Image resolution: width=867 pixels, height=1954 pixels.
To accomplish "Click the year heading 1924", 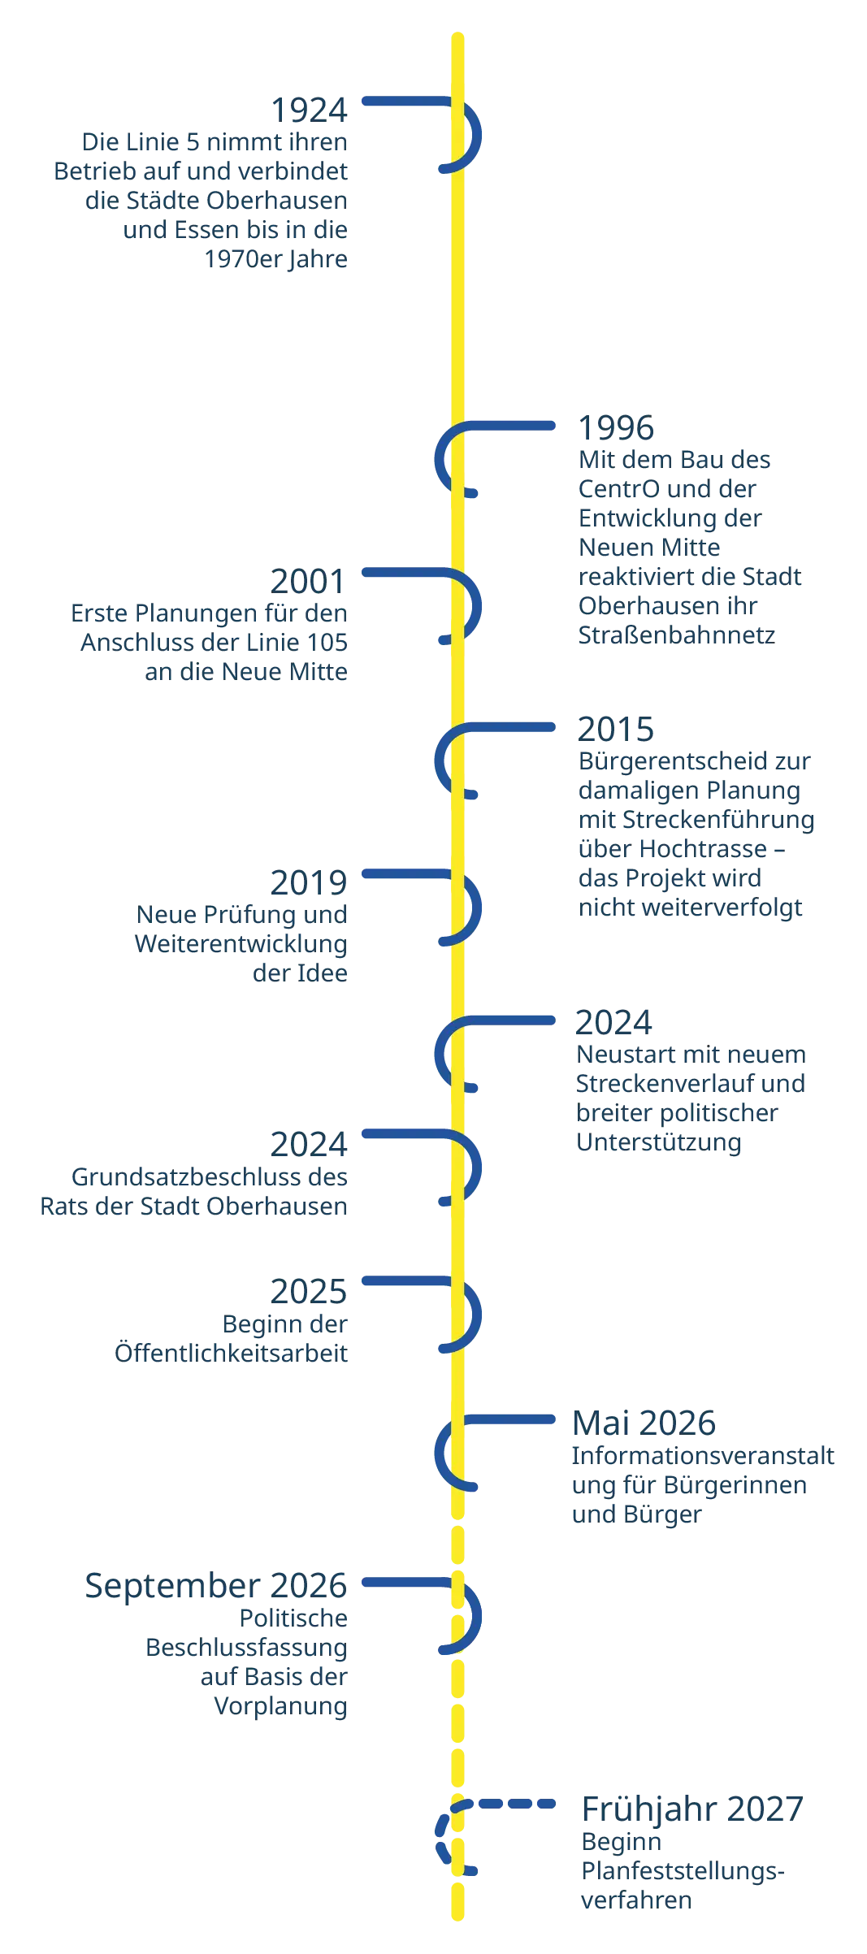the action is [309, 110].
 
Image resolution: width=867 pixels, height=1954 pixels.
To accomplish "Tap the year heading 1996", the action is [616, 427].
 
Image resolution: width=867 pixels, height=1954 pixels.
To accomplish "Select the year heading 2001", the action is [309, 581].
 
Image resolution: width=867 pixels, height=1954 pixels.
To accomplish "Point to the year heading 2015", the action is [616, 729].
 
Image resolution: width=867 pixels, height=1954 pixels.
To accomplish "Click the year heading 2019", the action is [309, 882].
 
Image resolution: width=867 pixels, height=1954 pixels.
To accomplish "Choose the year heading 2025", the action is [309, 1291].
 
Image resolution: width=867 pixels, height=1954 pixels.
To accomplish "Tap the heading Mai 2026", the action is [644, 1423].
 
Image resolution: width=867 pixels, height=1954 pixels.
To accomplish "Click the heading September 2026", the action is [216, 1585].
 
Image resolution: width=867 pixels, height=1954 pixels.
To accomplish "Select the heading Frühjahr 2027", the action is [693, 1809].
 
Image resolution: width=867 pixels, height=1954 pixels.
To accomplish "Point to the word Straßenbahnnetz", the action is [677, 635].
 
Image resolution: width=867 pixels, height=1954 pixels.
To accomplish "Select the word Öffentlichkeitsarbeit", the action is [232, 1353].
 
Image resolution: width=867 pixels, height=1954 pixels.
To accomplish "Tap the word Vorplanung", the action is [281, 1705].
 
